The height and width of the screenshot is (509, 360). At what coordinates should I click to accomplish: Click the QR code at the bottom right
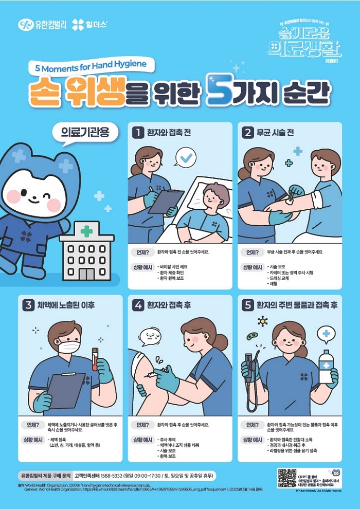(x=287, y=478)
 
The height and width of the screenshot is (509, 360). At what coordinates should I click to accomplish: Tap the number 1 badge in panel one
(x=137, y=133)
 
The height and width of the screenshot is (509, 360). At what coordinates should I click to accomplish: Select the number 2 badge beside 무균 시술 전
(x=248, y=133)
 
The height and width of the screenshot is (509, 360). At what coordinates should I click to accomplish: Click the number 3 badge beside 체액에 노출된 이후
(x=28, y=305)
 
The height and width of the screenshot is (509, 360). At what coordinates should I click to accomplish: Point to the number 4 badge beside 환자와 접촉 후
(x=138, y=305)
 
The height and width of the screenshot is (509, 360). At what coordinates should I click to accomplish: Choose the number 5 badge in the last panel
(x=248, y=305)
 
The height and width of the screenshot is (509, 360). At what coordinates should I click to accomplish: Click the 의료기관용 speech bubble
(x=85, y=133)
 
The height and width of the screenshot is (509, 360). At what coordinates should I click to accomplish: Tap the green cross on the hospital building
(x=86, y=232)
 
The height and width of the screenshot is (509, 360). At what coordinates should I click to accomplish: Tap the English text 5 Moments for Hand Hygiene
(x=91, y=66)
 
